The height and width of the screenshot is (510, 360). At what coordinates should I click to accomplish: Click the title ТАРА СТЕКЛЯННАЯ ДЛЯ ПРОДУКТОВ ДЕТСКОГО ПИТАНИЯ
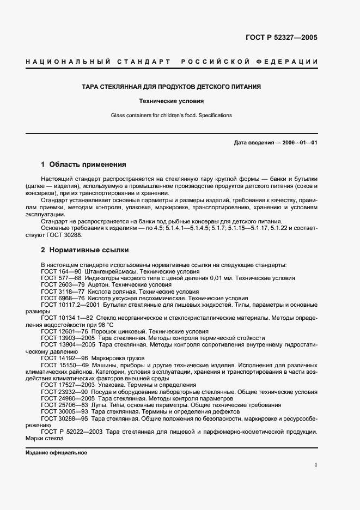(171, 87)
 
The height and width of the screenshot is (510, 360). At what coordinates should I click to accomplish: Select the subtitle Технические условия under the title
(171, 101)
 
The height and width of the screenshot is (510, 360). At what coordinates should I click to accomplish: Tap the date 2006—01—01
(299, 143)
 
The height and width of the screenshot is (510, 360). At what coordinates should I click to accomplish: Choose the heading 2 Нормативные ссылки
(85, 250)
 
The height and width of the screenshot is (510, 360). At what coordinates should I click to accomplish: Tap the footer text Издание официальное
(56, 453)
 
